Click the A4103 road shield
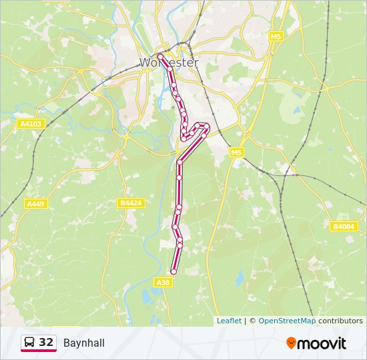click(x=31, y=123)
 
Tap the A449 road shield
click(x=35, y=203)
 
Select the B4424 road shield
click(x=131, y=203)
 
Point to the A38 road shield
click(x=163, y=283)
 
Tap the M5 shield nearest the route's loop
click(x=236, y=153)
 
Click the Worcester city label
click(x=169, y=63)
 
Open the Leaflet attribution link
click(x=229, y=321)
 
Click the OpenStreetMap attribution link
click(x=287, y=321)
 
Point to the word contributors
click(x=340, y=321)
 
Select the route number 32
click(x=46, y=342)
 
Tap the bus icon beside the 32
click(x=30, y=343)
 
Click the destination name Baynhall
click(x=84, y=343)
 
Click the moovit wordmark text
click(x=322, y=343)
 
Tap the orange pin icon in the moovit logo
click(x=291, y=343)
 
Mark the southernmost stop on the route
click(x=173, y=271)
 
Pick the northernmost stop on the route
click(x=160, y=56)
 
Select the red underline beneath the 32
click(x=38, y=351)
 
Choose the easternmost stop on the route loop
click(x=208, y=127)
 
